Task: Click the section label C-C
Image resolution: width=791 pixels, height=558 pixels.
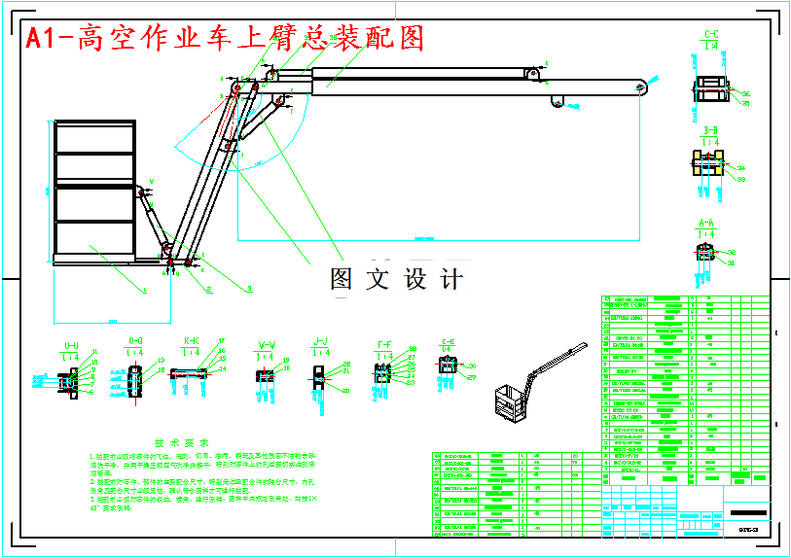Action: click(x=711, y=36)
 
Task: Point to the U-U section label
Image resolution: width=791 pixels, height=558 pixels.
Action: click(x=71, y=345)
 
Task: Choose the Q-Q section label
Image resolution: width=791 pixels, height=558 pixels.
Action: click(x=136, y=341)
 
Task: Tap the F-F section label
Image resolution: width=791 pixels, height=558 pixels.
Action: click(x=384, y=344)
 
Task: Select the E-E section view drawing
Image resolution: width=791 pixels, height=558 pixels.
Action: click(x=448, y=367)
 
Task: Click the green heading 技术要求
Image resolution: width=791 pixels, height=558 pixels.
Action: click(x=185, y=441)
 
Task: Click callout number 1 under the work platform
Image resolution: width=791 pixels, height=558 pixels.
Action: click(x=144, y=290)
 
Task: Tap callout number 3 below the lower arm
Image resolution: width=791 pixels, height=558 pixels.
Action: click(x=249, y=289)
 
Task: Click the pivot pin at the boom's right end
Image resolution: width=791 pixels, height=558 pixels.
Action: click(x=639, y=87)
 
